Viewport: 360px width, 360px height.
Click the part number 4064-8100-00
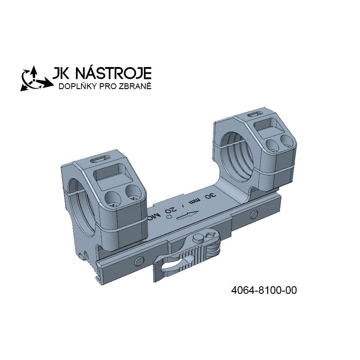click(264, 290)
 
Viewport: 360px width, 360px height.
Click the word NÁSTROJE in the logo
click(113, 73)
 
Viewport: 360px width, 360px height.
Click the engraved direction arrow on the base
click(187, 215)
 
